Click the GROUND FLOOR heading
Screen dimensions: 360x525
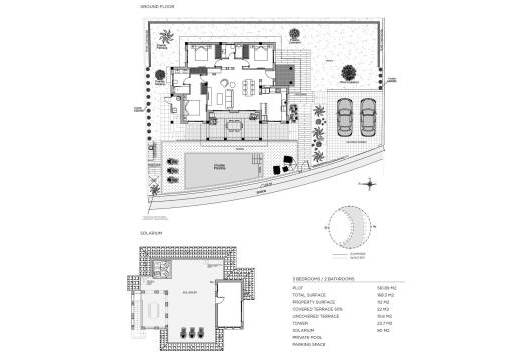point(157,8)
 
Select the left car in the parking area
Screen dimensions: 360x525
point(342,118)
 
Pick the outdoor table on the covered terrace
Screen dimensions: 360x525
point(235,127)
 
